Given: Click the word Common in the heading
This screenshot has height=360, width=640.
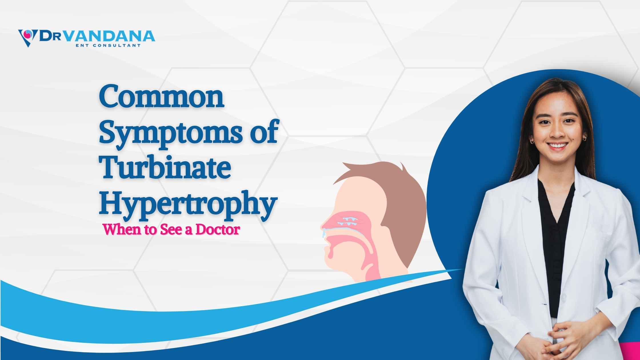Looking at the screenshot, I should click(161, 98).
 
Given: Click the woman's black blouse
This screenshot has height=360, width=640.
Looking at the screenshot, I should click(553, 243).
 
